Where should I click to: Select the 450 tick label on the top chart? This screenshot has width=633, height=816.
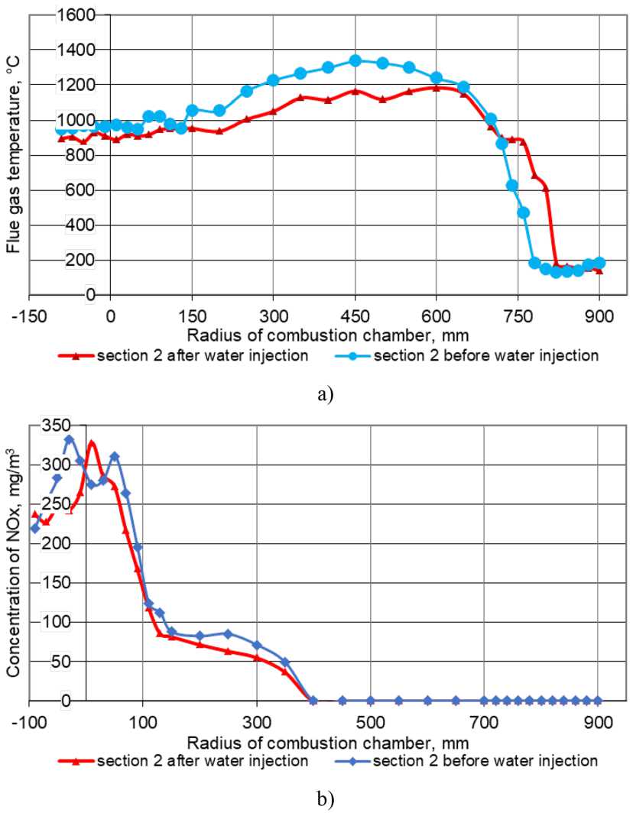coord(355,313)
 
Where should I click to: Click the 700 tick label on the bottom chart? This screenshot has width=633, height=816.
coord(484,719)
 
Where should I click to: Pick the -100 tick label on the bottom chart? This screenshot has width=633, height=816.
coord(29,719)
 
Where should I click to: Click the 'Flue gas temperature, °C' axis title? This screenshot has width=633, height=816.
coord(13,156)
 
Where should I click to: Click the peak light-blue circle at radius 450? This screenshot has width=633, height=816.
coord(355,60)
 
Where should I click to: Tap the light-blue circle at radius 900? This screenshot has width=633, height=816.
coord(599,263)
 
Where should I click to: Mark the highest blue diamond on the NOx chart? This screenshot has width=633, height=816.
coord(69,439)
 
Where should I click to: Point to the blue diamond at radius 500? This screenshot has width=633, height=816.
coord(371,700)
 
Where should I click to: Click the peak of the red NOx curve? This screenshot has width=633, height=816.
coord(92,442)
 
